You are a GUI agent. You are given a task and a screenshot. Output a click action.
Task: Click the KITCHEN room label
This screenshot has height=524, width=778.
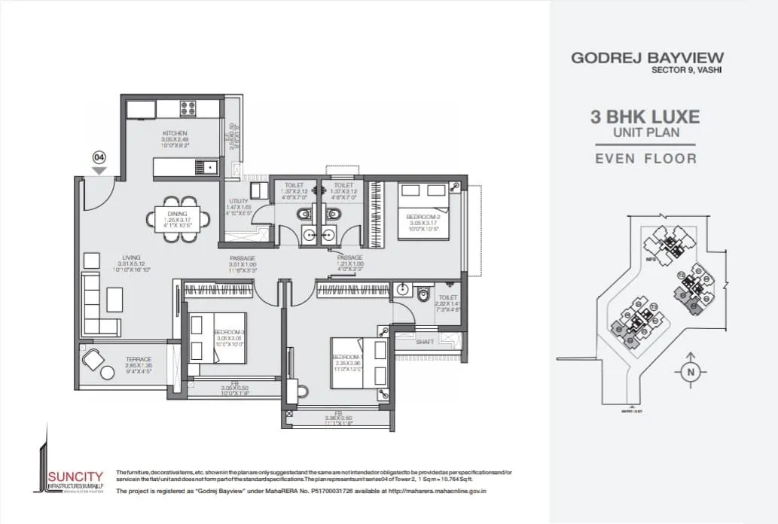(173, 133)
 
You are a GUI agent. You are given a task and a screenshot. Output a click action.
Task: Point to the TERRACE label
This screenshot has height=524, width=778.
(139, 360)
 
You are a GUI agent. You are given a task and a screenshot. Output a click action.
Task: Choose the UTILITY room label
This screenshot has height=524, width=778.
(238, 201)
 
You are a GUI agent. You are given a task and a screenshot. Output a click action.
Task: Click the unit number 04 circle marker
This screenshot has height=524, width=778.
(98, 157)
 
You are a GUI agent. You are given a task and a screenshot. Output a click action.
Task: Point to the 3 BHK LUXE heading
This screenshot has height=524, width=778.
(645, 117)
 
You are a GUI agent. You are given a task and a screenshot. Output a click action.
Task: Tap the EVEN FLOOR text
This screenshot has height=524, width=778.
(645, 158)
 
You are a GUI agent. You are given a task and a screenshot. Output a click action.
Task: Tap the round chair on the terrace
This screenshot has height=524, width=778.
(93, 361)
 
